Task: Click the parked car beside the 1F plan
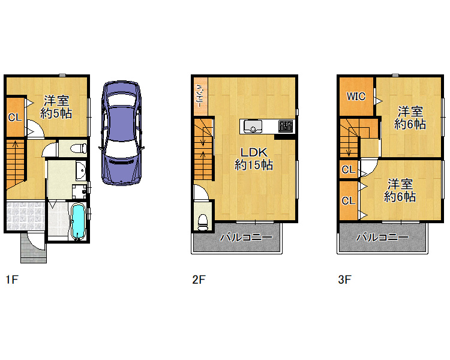pos(121,133)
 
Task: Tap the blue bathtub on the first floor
pos(78,221)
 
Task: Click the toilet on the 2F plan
pos(203,222)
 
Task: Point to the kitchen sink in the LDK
pos(253,127)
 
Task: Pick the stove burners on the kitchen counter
pos(286,127)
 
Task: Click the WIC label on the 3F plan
pos(356,96)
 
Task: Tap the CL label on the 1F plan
pos(15,117)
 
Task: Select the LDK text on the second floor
pos(254,152)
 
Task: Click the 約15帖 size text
pos(254,165)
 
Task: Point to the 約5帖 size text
pos(56,113)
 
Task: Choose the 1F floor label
pos(12,279)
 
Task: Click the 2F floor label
pos(199,279)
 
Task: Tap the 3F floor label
pos(344,279)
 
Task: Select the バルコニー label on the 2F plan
pos(246,238)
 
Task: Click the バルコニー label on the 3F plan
pos(382,238)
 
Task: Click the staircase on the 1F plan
pos(16,164)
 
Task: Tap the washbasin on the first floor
pos(81,170)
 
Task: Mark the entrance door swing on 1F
pos(37,241)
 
